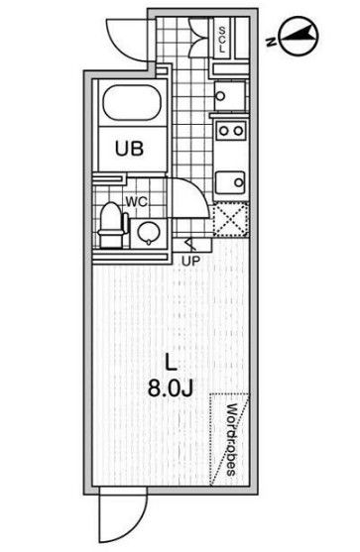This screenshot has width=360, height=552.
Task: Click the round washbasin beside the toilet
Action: (x=146, y=233)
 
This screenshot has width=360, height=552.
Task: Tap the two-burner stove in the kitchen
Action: (x=231, y=131)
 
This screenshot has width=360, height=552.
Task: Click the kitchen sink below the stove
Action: (x=231, y=181)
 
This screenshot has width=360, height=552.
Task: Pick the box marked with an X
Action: (x=231, y=217)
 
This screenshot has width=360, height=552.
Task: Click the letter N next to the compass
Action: (x=270, y=41)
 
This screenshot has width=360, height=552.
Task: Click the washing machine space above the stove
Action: (x=231, y=94)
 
